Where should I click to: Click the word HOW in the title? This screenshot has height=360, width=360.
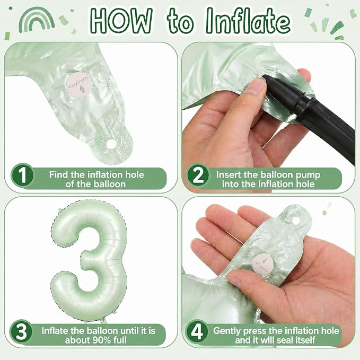point(120,21)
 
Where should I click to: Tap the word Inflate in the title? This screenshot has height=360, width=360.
point(248,21)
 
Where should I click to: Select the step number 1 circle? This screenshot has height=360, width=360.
point(22,175)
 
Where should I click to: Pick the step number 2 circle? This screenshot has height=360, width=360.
point(198,175)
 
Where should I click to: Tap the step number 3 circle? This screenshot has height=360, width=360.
point(21,331)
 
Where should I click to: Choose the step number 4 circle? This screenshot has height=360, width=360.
point(197,331)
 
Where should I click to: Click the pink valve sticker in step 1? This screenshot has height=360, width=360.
point(77,86)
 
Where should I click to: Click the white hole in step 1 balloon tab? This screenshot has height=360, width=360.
point(111,144)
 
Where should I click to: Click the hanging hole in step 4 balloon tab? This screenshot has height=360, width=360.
point(296,221)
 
